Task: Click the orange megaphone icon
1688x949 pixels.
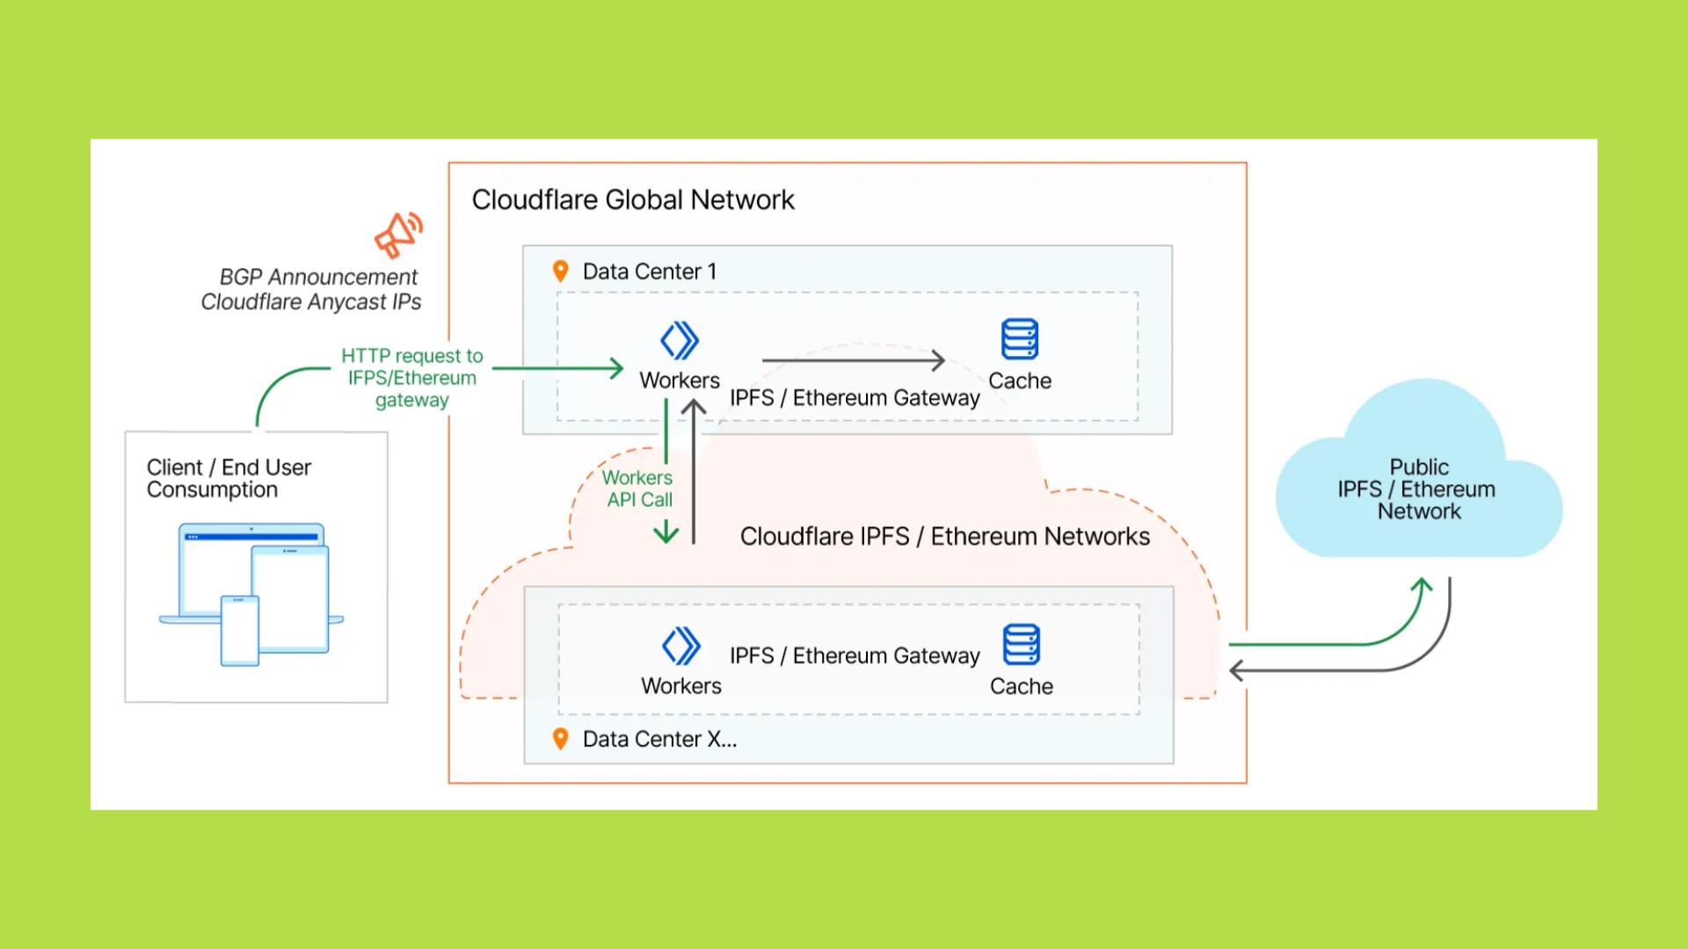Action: pyautogui.click(x=398, y=235)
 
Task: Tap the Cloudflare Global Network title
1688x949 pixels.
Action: pyautogui.click(x=633, y=200)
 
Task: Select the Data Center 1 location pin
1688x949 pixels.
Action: pyautogui.click(x=560, y=272)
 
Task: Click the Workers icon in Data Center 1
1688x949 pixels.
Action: pyautogui.click(x=680, y=341)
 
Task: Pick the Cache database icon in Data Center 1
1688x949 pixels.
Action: pyautogui.click(x=1020, y=339)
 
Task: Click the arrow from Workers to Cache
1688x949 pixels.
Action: pyautogui.click(x=853, y=360)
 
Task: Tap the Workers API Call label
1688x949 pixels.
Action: pyautogui.click(x=638, y=489)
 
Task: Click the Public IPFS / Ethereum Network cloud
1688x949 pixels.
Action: pyautogui.click(x=1418, y=479)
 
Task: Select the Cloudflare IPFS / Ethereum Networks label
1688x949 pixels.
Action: pyautogui.click(x=945, y=537)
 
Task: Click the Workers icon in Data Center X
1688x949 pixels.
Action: pyautogui.click(x=681, y=646)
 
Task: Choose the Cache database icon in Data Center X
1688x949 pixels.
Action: pyautogui.click(x=1022, y=645)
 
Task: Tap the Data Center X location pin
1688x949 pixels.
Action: pyautogui.click(x=560, y=739)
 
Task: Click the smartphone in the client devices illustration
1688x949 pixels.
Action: pyautogui.click(x=240, y=630)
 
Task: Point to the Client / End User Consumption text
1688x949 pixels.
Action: pyautogui.click(x=229, y=479)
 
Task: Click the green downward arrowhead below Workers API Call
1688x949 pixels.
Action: pyautogui.click(x=666, y=532)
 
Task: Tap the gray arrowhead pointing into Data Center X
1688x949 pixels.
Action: pyautogui.click(x=1236, y=671)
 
